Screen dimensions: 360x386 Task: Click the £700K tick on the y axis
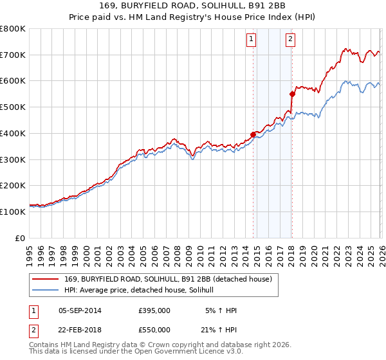pos(13,55)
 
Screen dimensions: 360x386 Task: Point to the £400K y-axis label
pos(13,133)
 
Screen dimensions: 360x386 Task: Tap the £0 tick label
pos(21,238)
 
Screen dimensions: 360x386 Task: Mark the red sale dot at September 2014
pos(253,134)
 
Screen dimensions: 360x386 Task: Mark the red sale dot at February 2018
pos(292,94)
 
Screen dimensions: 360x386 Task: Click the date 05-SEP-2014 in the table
pos(80,310)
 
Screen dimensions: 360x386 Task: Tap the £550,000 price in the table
pos(154,329)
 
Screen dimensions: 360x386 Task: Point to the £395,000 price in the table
pos(154,310)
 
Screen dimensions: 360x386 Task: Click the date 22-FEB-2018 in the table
pos(80,329)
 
